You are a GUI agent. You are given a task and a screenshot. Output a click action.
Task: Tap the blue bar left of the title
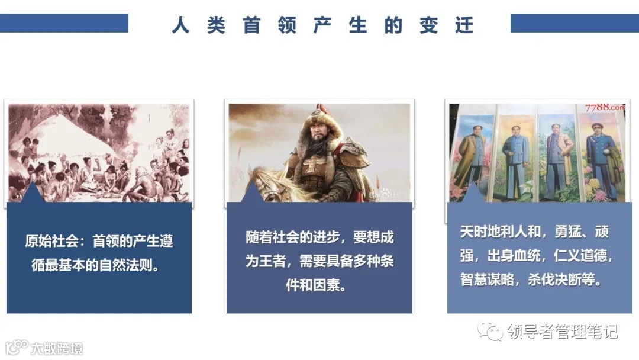(x=64, y=23)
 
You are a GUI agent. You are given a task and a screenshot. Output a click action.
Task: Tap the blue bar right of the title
(x=574, y=23)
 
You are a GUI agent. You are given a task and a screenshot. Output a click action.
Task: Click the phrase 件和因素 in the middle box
(x=319, y=285)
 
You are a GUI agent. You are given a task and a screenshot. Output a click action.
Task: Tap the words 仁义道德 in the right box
(x=583, y=256)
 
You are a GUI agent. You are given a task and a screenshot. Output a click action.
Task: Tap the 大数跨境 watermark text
(x=57, y=348)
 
